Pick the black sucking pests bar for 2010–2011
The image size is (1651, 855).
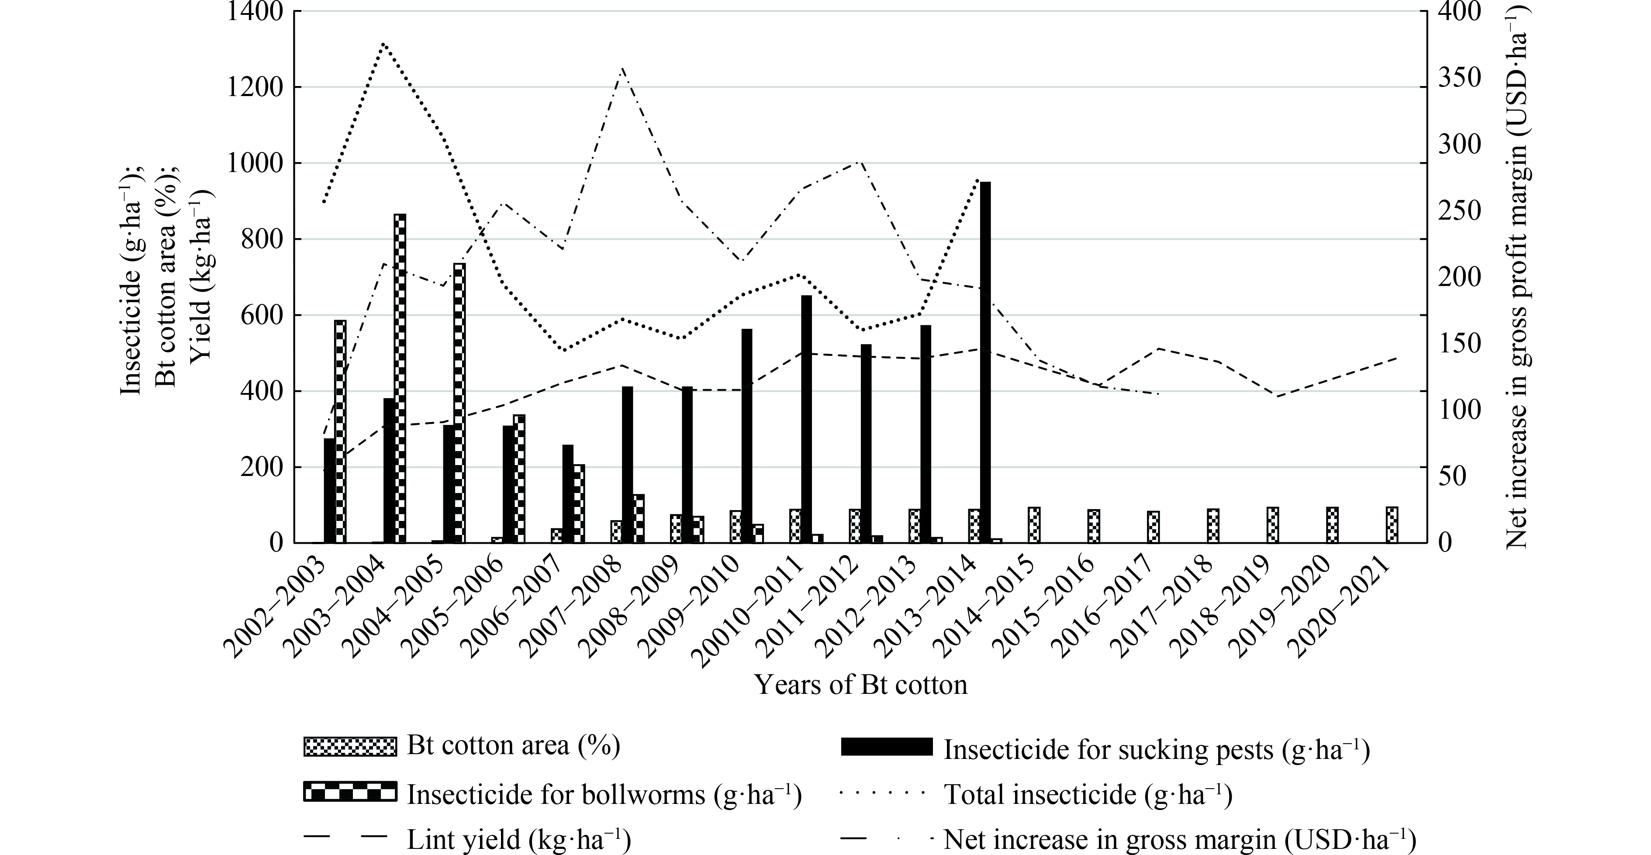[806, 419]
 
